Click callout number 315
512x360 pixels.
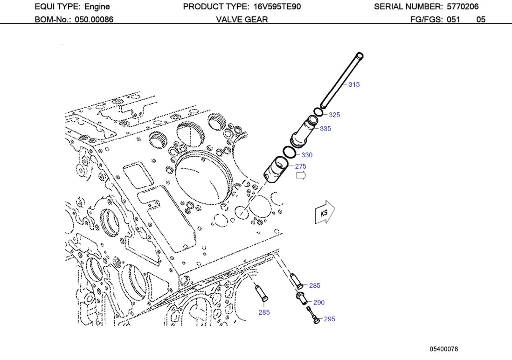click(354, 84)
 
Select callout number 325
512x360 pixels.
click(334, 115)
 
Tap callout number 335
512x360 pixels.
click(325, 128)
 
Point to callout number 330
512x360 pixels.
click(306, 155)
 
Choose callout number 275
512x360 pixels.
click(300, 166)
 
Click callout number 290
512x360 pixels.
click(318, 302)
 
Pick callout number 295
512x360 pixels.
click(329, 319)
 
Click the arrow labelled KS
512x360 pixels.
click(325, 213)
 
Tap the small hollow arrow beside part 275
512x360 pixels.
click(301, 175)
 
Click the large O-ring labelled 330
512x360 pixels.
click(289, 152)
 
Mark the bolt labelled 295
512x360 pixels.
click(313, 316)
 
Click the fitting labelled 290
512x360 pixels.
click(301, 297)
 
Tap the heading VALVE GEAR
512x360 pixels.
click(242, 20)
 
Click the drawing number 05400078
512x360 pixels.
click(444, 349)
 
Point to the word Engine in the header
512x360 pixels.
click(97, 7)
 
